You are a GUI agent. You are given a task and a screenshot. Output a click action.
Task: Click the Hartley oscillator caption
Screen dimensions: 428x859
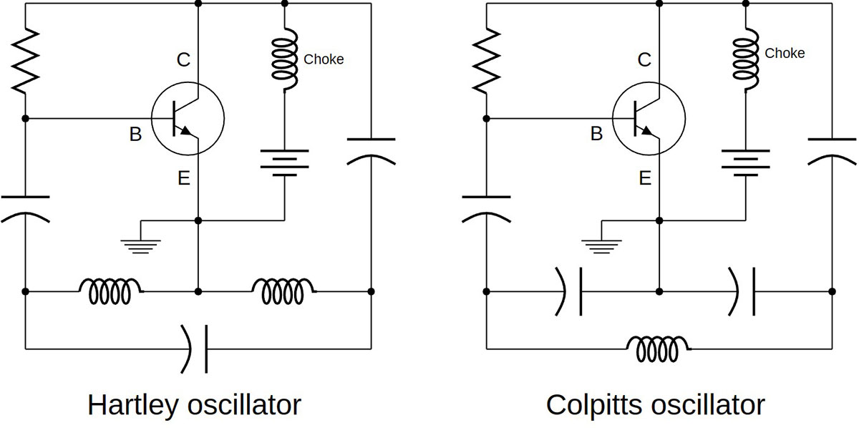194,405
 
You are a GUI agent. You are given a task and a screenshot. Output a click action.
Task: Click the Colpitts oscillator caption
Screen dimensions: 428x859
655,405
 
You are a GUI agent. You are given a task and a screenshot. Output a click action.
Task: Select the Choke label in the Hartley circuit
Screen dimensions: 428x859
324,59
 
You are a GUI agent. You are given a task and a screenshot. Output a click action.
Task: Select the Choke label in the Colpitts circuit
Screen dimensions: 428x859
785,54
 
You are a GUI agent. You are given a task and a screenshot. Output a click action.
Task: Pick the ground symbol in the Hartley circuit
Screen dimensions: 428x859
142,245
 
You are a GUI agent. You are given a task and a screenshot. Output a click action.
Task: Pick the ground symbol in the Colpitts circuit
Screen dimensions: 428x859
603,245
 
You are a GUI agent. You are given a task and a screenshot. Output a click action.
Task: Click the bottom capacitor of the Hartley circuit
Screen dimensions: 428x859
198,349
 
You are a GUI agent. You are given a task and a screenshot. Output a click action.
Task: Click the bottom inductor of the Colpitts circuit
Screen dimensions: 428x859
659,349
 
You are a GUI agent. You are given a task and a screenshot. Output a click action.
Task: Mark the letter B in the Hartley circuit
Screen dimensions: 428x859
135,134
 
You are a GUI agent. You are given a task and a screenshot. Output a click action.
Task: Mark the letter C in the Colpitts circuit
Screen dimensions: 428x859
644,60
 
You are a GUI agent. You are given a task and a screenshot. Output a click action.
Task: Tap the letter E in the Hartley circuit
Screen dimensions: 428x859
183,178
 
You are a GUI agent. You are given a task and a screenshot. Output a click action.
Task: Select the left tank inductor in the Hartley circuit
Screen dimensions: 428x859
111,291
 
